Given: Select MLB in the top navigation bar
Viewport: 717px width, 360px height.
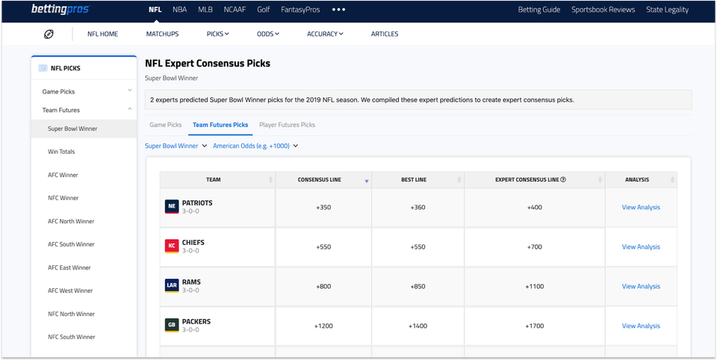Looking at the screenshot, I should click(x=205, y=10).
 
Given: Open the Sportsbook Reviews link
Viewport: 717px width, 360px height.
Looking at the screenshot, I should click(x=603, y=10).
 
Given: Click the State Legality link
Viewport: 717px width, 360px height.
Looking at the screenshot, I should click(x=668, y=10).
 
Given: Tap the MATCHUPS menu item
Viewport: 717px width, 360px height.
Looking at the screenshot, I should click(x=162, y=34).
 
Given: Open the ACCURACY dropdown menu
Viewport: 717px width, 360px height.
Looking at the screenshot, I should click(x=325, y=34).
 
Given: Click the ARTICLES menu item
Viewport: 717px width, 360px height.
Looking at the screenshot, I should click(x=385, y=34).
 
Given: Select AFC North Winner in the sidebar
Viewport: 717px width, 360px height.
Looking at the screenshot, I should click(x=71, y=221).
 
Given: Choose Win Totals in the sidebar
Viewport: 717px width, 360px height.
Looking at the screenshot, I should click(x=61, y=152).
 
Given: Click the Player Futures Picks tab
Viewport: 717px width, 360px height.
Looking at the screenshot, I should click(x=287, y=125).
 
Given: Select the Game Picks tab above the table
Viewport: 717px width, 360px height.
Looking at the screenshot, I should click(x=165, y=125).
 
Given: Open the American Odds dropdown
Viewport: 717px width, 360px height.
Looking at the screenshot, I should click(x=255, y=146).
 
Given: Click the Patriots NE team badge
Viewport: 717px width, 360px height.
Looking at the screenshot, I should click(x=172, y=207).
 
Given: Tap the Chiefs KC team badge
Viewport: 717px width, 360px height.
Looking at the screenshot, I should click(x=172, y=246).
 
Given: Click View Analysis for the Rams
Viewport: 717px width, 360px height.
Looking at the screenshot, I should click(x=641, y=286).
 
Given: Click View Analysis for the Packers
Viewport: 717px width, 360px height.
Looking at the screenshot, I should click(x=641, y=326).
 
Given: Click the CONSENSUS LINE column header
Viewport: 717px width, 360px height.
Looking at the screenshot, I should click(x=319, y=180).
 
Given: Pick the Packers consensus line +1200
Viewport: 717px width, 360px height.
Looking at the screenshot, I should click(x=323, y=326).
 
